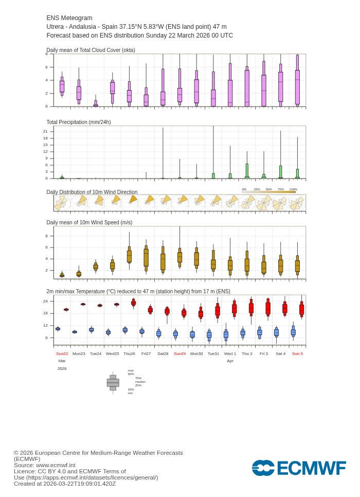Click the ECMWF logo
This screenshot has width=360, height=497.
(x=299, y=468)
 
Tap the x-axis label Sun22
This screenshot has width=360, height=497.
(x=62, y=354)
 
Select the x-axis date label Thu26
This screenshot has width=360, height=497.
(x=129, y=354)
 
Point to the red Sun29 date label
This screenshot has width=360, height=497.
(x=179, y=354)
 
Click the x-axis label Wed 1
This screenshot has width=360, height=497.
(x=230, y=354)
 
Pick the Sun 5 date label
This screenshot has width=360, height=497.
(x=297, y=354)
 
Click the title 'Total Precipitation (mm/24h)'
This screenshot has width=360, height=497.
(x=79, y=122)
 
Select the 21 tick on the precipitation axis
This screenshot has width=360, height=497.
(x=45, y=131)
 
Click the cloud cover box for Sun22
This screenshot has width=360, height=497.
(x=62, y=86)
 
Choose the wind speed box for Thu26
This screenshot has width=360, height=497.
(x=129, y=256)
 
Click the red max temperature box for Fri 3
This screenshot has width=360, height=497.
(x=268, y=308)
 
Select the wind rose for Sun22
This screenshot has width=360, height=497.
(x=61, y=203)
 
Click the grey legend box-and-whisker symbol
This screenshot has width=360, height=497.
(x=113, y=383)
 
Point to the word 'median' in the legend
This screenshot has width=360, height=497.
(x=140, y=382)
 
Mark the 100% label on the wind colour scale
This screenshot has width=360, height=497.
(x=293, y=189)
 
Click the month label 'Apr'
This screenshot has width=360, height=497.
(x=230, y=361)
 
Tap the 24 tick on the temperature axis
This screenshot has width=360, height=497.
(x=45, y=301)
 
